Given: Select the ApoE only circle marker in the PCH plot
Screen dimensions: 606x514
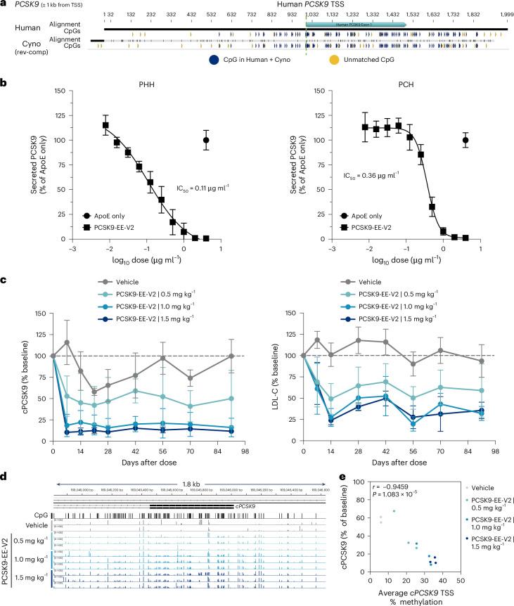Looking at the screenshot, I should pyautogui.click(x=465, y=140).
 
